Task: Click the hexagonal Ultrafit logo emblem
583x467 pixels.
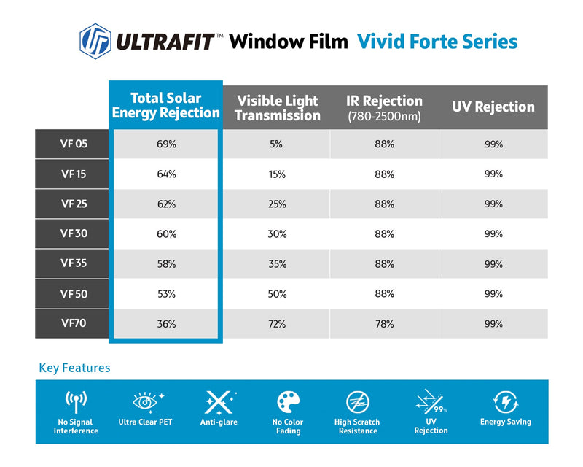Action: (x=95, y=42)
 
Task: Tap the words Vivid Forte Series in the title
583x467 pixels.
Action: (x=437, y=42)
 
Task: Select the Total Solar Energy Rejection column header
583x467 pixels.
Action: (x=166, y=105)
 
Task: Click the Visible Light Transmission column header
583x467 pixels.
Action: (x=278, y=108)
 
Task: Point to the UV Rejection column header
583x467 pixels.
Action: (x=493, y=107)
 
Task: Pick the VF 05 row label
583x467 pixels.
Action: (x=74, y=144)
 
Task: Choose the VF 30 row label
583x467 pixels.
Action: (x=74, y=233)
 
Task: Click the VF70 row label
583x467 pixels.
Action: (x=74, y=323)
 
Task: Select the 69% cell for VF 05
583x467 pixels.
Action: (x=166, y=144)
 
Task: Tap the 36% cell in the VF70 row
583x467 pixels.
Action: (x=166, y=324)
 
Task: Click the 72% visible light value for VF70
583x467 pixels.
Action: (x=277, y=324)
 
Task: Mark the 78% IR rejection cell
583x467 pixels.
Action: (x=385, y=324)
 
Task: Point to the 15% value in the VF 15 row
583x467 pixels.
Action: (x=277, y=174)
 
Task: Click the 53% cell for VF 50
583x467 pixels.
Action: (x=166, y=294)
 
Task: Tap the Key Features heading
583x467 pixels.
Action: (x=74, y=368)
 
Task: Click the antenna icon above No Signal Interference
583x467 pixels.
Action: (x=76, y=401)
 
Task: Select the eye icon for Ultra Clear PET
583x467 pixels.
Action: (x=145, y=402)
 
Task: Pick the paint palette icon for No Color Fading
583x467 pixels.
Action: (x=288, y=402)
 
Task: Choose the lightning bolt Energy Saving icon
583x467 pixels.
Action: (x=506, y=402)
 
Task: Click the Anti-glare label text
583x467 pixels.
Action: (x=219, y=422)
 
